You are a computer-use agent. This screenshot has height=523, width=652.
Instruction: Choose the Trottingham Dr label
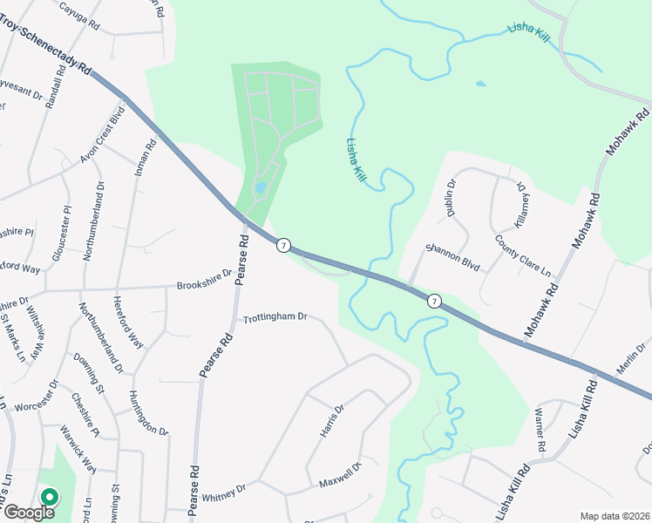tap(275, 317)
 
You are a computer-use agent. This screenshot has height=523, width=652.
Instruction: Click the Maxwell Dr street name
tap(339, 476)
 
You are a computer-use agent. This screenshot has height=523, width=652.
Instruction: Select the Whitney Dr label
tap(225, 493)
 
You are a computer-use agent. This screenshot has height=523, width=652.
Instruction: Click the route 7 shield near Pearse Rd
tap(283, 246)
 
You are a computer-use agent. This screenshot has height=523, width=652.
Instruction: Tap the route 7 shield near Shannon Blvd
tap(433, 301)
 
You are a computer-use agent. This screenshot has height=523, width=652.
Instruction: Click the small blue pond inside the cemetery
tap(260, 187)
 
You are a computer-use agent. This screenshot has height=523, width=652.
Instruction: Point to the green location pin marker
tap(50, 498)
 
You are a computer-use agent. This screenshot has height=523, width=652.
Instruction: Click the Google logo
tap(29, 512)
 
